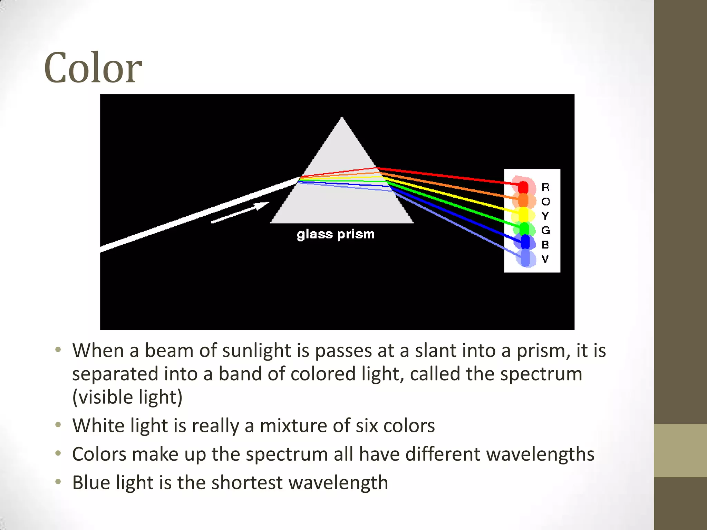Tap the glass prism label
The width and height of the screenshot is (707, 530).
coord(336,234)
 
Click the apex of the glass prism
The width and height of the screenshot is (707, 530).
coord(342,119)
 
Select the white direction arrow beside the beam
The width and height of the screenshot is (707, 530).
coord(240,212)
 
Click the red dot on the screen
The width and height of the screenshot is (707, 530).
coord(523,187)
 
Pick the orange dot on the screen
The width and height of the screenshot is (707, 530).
coord(523,200)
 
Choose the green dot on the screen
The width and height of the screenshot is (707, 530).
coord(524,228)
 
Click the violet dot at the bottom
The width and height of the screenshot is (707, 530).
coord(525,258)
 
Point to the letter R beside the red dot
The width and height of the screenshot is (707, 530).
coord(545,187)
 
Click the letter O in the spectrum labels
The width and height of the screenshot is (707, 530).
coord(545,202)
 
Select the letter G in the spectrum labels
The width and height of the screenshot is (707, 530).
coord(545,230)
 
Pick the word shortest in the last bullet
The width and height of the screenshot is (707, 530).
coord(247,483)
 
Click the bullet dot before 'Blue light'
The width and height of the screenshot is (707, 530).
coord(58,481)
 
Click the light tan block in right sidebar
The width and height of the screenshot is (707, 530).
coord(680,450)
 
